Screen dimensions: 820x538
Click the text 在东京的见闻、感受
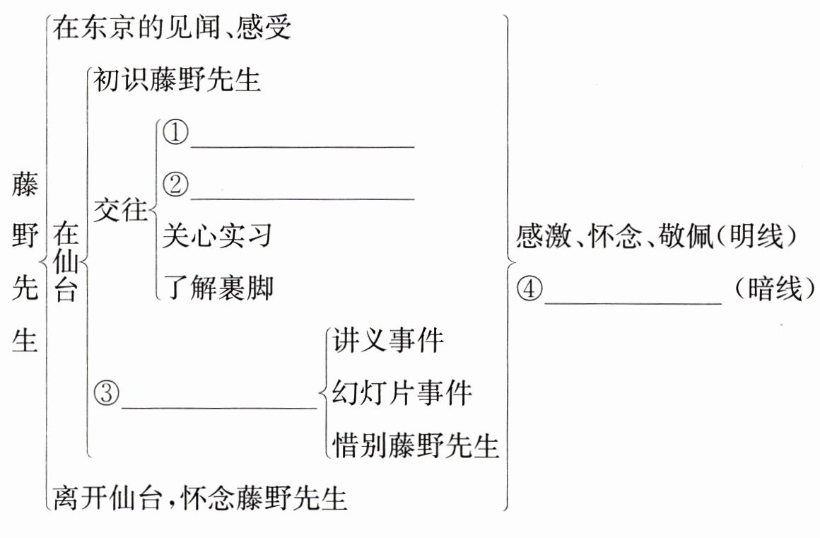click(x=172, y=29)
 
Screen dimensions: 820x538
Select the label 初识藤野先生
click(x=177, y=81)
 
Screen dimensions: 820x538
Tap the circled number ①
click(x=175, y=134)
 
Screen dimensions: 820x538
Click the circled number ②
click(x=175, y=185)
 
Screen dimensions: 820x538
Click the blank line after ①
click(x=302, y=146)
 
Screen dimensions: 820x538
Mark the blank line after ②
click(x=302, y=198)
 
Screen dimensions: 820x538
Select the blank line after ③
click(x=218, y=407)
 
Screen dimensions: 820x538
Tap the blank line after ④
click(x=633, y=303)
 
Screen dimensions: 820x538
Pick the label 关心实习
click(x=217, y=236)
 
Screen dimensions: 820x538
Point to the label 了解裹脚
click(x=217, y=288)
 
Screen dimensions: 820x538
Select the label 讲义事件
click(x=388, y=341)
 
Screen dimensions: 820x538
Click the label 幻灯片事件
click(x=402, y=393)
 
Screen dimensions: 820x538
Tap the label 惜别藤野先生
click(x=416, y=445)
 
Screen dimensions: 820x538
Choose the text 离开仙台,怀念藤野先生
click(x=200, y=498)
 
